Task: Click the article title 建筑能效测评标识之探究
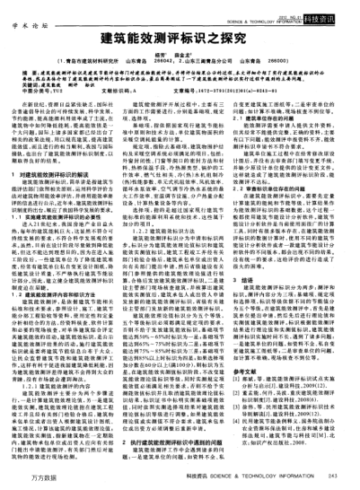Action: (x=180, y=40)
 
